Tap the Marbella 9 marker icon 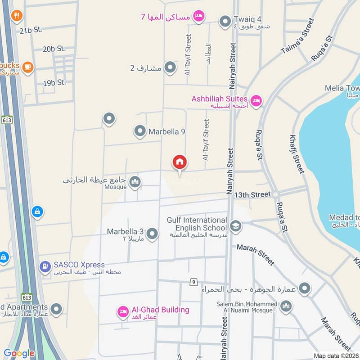[x=140, y=131]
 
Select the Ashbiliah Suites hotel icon [x=256, y=100]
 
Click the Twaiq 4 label [x=241, y=19]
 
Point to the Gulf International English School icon [x=234, y=225]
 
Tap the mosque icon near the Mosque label [x=135, y=182]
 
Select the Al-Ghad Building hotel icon [x=122, y=311]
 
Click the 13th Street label [x=252, y=194]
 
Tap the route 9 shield [x=193, y=282]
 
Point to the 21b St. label [x=31, y=30]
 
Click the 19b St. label [x=54, y=83]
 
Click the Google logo [x=19, y=353]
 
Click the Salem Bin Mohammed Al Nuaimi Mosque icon [x=286, y=307]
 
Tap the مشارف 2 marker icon [x=170, y=68]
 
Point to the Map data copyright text [x=336, y=355]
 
